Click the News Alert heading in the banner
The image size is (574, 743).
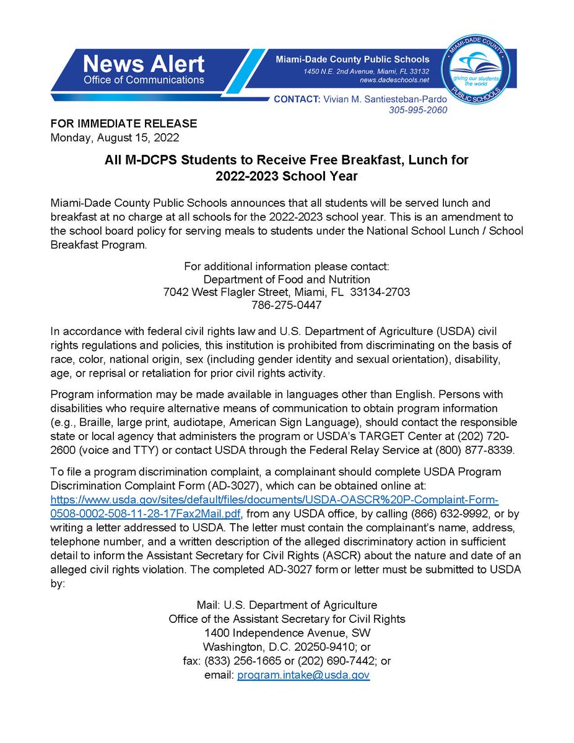point(143,64)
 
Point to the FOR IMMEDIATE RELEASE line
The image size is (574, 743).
point(124,123)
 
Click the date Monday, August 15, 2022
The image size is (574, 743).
point(115,136)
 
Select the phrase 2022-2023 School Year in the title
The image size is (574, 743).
point(287,176)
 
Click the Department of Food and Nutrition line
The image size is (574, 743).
point(287,279)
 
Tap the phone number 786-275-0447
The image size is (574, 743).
point(287,305)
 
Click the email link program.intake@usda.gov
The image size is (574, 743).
point(303,676)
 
